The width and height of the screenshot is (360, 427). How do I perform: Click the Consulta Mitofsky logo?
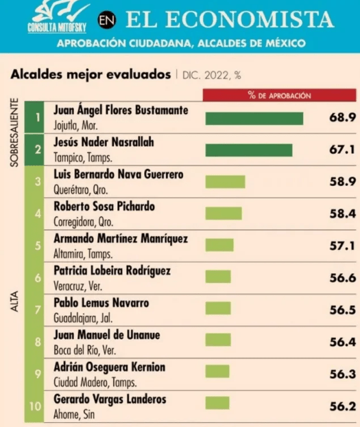click(x=58, y=18)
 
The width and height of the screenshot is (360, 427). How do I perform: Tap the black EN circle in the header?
click(x=107, y=20)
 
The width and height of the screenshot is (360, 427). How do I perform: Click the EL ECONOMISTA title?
click(x=230, y=20)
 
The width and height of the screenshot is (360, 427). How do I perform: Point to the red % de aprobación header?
click(x=280, y=95)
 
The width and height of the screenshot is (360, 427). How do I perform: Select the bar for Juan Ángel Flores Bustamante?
click(x=254, y=119)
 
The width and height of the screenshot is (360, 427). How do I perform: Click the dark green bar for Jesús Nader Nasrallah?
click(x=249, y=150)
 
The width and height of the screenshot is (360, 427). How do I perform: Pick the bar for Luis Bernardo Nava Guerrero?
click(x=225, y=182)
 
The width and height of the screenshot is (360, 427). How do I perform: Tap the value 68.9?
click(x=343, y=117)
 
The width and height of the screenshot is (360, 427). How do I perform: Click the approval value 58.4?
click(x=343, y=213)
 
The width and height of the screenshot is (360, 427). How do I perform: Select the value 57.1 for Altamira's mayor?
click(x=343, y=246)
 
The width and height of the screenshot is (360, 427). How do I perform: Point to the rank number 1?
click(x=38, y=117)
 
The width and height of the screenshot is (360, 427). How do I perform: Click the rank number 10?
click(x=35, y=406)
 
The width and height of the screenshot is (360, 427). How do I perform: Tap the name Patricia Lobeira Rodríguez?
click(x=112, y=270)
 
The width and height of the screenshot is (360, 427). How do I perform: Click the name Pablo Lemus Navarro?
click(x=101, y=303)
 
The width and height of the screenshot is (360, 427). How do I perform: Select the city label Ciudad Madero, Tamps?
click(x=95, y=382)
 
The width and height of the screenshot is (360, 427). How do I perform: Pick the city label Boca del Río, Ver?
click(x=84, y=350)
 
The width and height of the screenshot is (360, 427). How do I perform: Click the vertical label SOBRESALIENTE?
click(x=14, y=132)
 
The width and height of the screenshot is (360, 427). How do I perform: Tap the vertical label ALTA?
click(x=14, y=301)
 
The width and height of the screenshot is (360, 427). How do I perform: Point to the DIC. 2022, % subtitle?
click(x=212, y=76)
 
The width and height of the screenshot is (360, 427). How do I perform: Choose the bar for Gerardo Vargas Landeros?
click(x=217, y=403)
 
